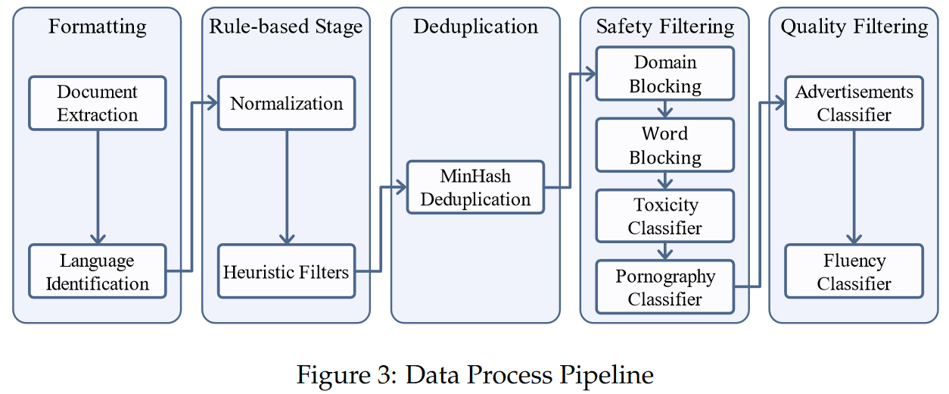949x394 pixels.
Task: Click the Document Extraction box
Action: tap(98, 103)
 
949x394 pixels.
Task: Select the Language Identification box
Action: tap(98, 271)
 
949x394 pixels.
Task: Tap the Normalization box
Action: tap(286, 103)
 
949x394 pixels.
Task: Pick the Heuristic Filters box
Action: tap(286, 271)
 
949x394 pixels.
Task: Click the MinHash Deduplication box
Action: tap(475, 187)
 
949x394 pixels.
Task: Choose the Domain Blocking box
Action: tap(664, 73)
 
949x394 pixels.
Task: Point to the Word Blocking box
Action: tap(664, 145)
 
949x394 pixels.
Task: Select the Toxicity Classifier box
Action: tap(664, 216)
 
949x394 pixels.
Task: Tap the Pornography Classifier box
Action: tap(664, 287)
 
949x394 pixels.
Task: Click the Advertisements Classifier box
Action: tap(854, 103)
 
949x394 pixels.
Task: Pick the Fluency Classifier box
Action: tap(854, 271)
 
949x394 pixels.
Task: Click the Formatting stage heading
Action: tap(98, 27)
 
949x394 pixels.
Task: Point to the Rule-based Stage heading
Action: tap(286, 27)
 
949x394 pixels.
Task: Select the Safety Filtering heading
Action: tap(665, 27)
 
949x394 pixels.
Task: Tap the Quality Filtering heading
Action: tap(854, 27)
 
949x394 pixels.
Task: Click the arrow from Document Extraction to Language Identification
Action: tap(98, 187)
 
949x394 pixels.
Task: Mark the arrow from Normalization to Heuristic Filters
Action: tap(287, 187)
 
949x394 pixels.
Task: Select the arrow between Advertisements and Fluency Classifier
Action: tap(854, 187)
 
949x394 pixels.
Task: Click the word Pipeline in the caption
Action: tap(607, 375)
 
